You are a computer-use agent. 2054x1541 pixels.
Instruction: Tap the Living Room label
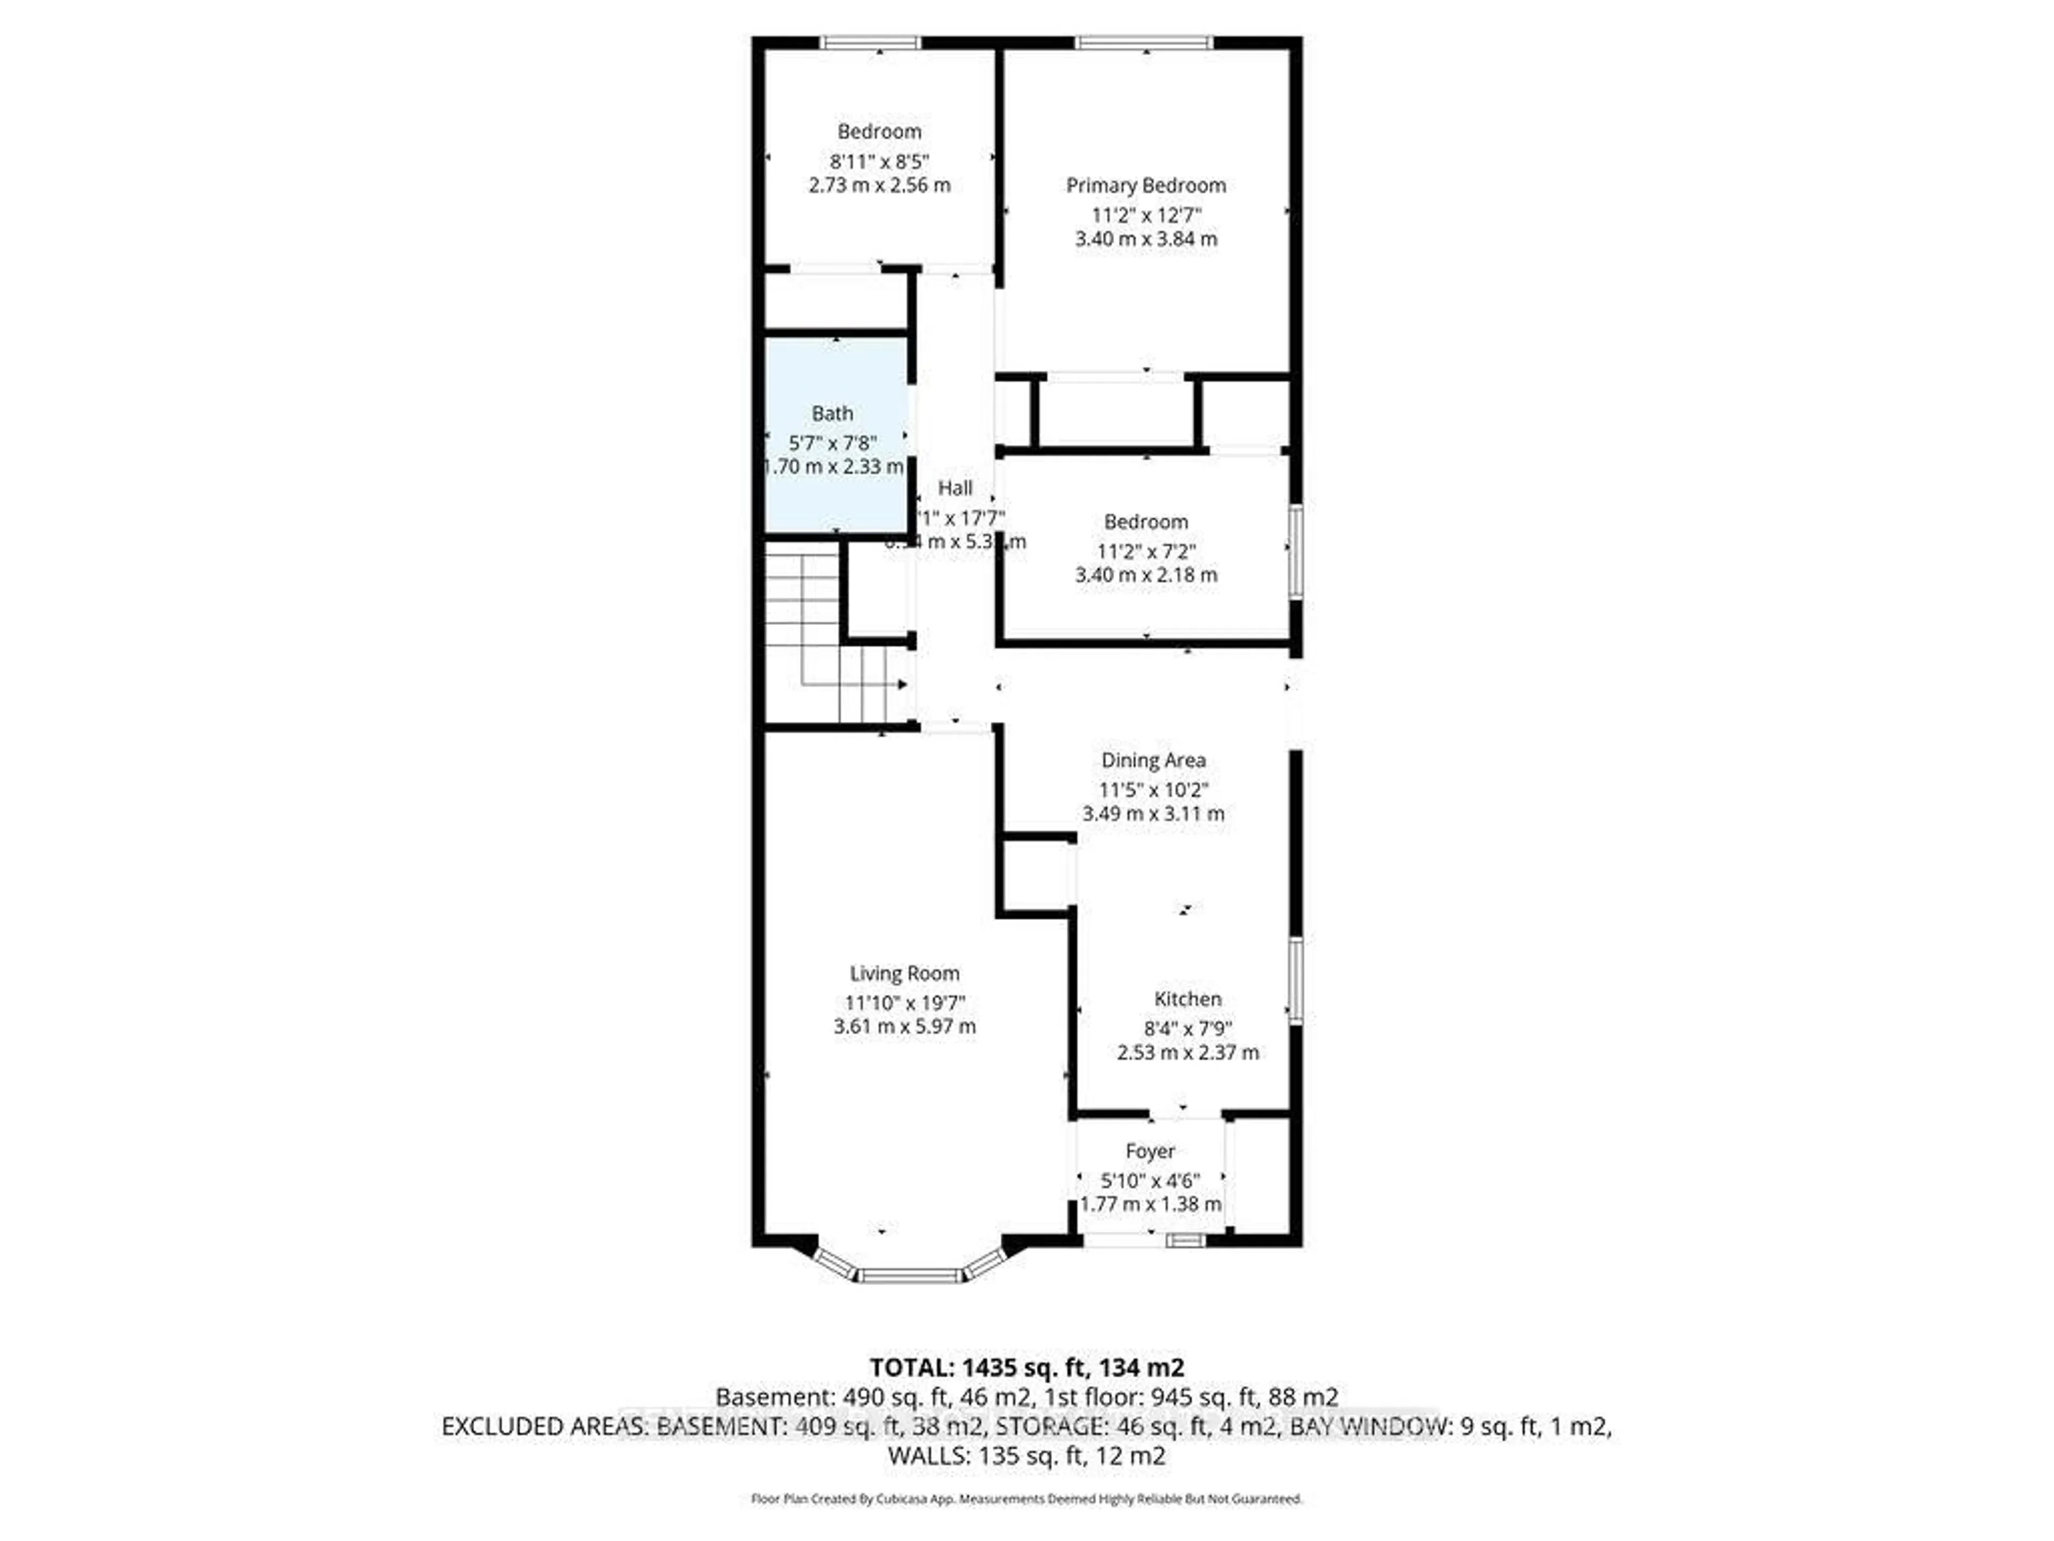coord(905,973)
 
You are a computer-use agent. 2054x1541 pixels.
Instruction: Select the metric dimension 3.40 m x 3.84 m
coord(1146,239)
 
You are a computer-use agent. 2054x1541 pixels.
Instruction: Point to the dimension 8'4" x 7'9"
coord(1187,1029)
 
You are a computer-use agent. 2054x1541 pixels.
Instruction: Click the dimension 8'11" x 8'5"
coord(879,161)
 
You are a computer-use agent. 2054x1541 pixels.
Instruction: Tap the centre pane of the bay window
coord(910,1276)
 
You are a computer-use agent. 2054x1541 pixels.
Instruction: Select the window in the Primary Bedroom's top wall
coord(1144,42)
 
